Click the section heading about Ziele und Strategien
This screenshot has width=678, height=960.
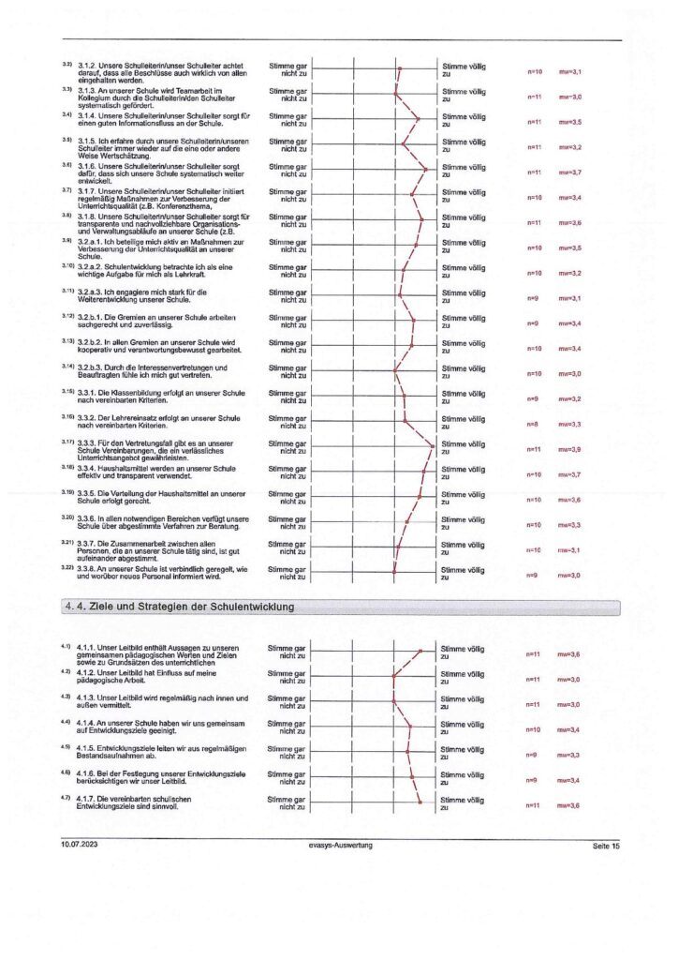tap(181, 607)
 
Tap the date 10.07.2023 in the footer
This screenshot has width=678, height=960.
tap(80, 846)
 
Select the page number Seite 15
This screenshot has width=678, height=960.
tap(606, 847)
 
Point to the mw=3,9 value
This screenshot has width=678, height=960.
tap(570, 450)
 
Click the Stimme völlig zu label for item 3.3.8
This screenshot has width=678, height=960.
tap(463, 573)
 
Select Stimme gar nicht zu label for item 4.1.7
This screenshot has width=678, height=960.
tap(287, 803)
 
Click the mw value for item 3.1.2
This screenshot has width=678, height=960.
tap(570, 71)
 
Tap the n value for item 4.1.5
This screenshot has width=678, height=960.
tap(531, 755)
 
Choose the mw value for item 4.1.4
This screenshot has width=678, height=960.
tap(570, 729)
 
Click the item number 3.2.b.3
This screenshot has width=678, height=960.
tap(96, 365)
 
